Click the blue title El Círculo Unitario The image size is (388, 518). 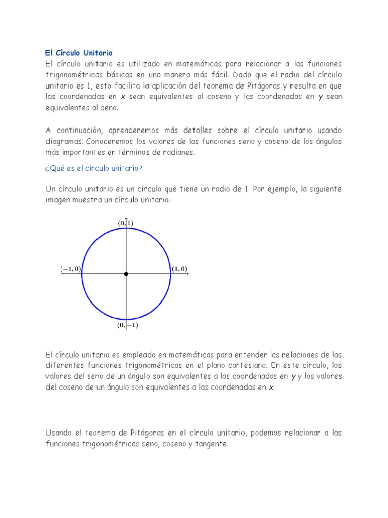pyautogui.click(x=79, y=53)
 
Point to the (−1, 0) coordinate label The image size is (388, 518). pyautogui.click(x=71, y=269)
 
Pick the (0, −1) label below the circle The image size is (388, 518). pyautogui.click(x=128, y=325)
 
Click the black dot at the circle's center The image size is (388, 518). pyautogui.click(x=126, y=274)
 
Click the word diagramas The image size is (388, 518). pyautogui.click(x=63, y=142)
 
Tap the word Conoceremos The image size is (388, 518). pyautogui.click(x=111, y=142)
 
